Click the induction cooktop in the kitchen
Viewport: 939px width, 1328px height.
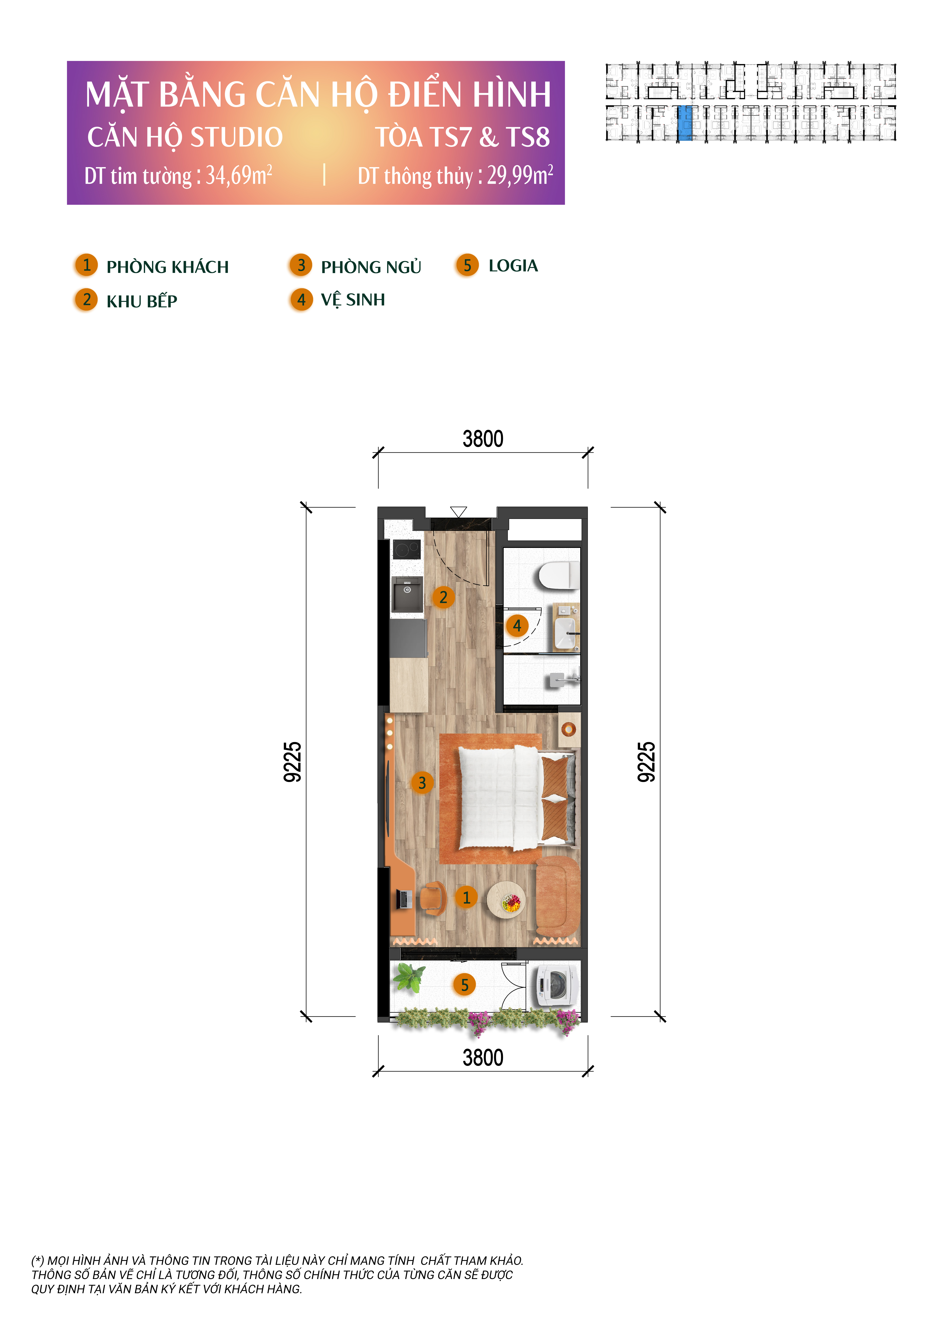(406, 548)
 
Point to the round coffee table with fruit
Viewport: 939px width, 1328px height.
(506, 899)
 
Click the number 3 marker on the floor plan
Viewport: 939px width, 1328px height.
(422, 783)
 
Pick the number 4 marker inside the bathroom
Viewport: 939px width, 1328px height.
(517, 625)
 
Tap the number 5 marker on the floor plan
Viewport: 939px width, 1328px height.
(464, 985)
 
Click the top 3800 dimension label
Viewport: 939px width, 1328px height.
(483, 439)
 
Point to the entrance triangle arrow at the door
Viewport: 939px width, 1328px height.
(458, 512)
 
